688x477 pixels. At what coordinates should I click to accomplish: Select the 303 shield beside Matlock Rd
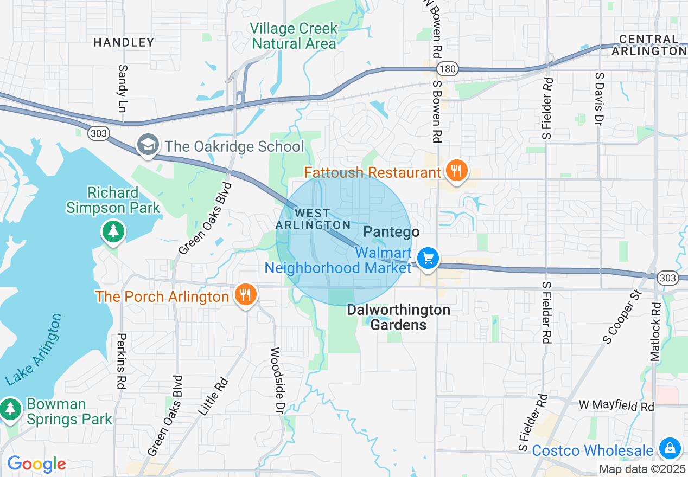tap(667, 278)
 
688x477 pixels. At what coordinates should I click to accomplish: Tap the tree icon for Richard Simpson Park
tap(113, 231)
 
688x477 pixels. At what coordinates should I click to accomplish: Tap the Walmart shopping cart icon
tap(428, 259)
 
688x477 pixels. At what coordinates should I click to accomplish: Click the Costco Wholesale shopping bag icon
tap(670, 449)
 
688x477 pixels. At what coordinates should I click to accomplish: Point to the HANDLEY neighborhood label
tap(124, 42)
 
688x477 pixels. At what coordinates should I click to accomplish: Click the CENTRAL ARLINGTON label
tap(649, 45)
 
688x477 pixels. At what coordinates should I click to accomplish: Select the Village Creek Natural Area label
tap(294, 36)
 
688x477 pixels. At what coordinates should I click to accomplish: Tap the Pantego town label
tap(391, 232)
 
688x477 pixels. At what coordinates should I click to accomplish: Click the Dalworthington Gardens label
tap(399, 318)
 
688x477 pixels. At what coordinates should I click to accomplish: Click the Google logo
tap(36, 464)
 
